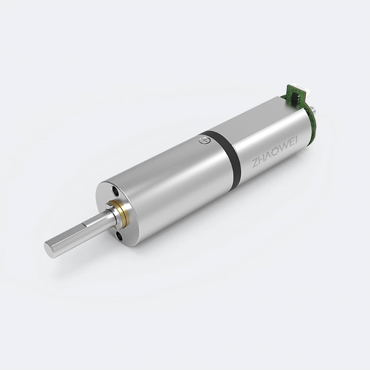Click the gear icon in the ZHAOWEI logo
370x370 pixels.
point(274,154)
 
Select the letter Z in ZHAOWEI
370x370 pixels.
point(255,163)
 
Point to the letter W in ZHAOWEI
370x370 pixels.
point(283,147)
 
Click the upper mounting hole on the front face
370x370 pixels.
point(116,190)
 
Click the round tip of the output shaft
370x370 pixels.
point(49,249)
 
